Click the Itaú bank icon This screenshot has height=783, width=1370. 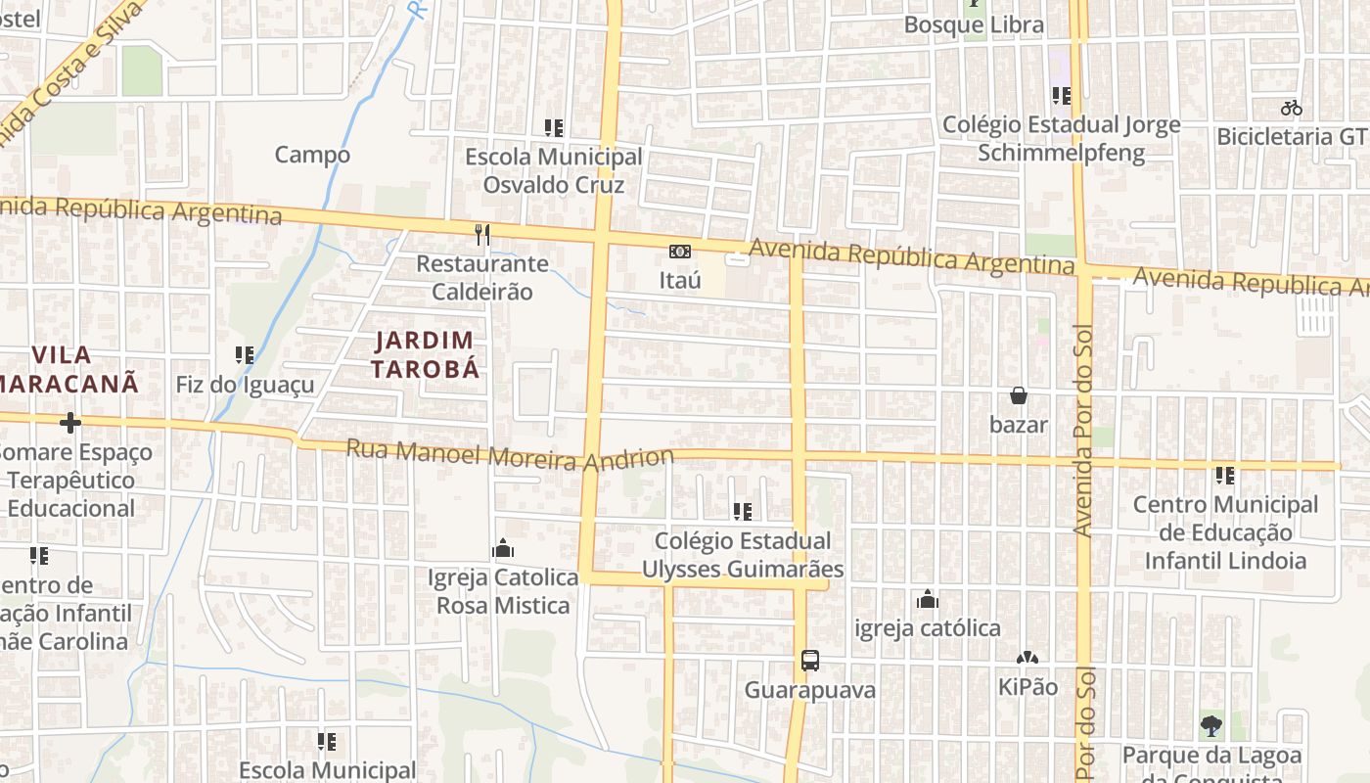(x=679, y=252)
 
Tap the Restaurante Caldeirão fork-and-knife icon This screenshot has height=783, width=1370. (x=481, y=234)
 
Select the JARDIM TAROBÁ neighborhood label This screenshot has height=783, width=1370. (x=427, y=354)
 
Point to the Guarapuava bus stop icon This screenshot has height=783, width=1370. (x=810, y=661)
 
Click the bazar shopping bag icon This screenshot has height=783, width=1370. (x=1019, y=395)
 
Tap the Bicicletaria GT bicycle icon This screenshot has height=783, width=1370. (x=1292, y=108)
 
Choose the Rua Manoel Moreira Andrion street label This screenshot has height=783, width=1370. (x=511, y=455)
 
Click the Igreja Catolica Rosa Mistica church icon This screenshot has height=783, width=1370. (x=503, y=548)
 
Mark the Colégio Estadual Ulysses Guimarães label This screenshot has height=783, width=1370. (x=742, y=555)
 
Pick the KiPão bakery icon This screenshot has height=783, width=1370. (x=1027, y=658)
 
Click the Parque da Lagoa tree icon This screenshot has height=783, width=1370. (x=1211, y=726)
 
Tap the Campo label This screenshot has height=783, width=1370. (x=312, y=155)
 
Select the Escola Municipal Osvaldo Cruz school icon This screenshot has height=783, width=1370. (x=554, y=127)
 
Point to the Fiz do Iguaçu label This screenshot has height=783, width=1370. (x=246, y=384)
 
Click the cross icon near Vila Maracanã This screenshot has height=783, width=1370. (x=69, y=423)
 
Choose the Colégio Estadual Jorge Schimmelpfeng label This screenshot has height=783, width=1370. (x=1062, y=139)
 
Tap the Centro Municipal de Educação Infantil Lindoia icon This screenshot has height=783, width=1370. (x=1225, y=476)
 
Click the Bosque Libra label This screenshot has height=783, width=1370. (x=974, y=24)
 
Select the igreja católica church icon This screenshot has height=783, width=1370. (x=927, y=599)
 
